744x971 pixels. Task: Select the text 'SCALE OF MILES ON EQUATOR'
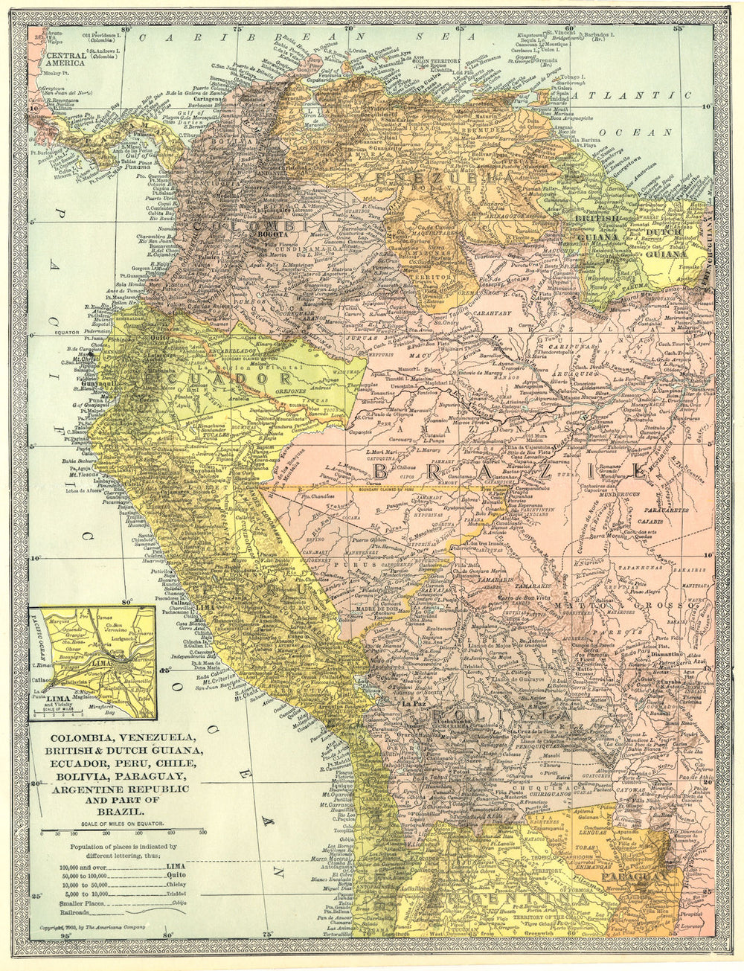(123, 824)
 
